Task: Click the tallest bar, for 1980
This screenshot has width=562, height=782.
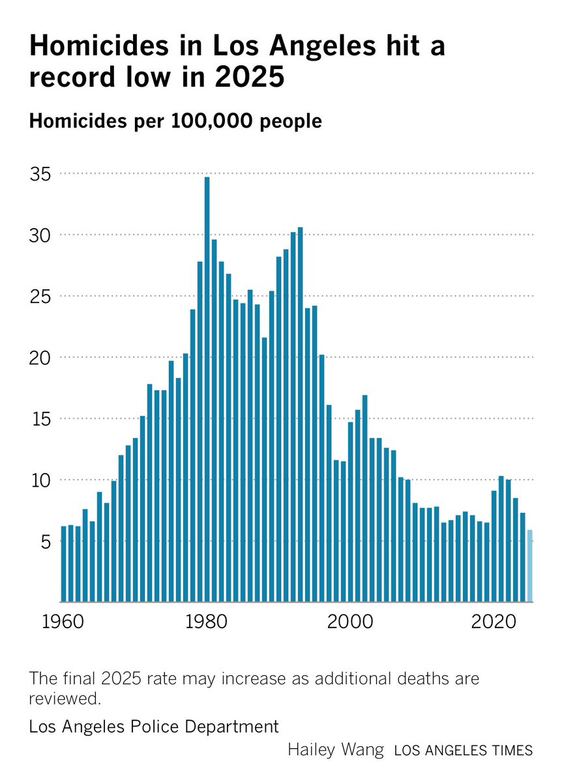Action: [207, 391]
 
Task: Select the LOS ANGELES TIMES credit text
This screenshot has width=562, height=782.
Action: [463, 751]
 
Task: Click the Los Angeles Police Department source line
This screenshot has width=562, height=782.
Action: [154, 726]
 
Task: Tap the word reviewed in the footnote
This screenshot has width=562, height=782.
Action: [65, 699]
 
